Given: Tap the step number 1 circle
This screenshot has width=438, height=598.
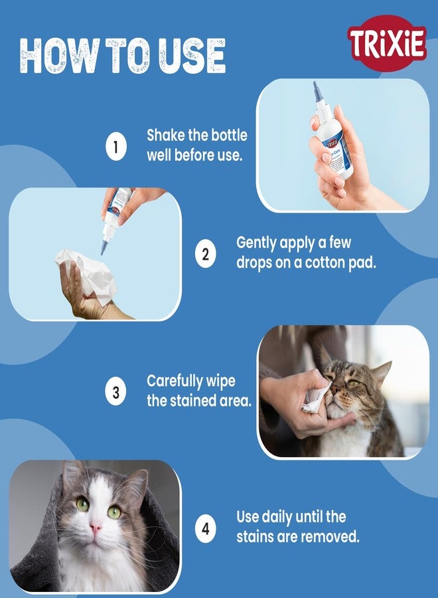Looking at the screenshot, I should (115, 148).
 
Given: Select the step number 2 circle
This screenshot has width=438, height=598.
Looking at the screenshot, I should (206, 253).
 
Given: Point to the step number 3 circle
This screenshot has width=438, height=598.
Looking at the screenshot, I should (115, 392).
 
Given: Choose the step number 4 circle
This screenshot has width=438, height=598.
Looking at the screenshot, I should (206, 529).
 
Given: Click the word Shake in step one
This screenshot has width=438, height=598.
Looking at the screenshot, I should (164, 136).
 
